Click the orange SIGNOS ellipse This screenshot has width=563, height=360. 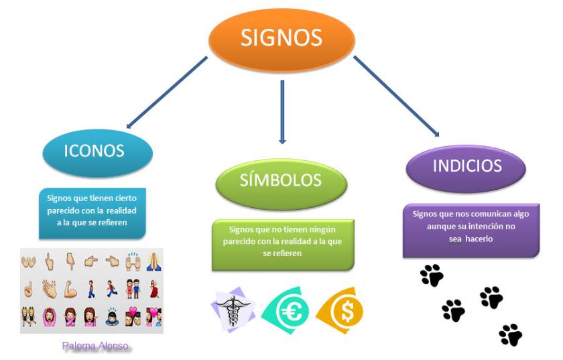pos(281,40)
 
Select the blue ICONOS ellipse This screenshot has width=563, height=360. pos(98,153)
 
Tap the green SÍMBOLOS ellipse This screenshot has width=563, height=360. pos(281,184)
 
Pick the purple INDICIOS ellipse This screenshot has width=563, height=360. pos(466,168)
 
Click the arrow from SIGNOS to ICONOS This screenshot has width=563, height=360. pos(167,93)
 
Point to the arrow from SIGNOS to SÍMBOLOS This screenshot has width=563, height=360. pos(282,112)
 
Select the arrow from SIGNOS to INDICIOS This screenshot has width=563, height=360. pos(396,96)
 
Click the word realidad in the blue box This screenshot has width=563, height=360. pos(121,211)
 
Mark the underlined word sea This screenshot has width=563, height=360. pos(455,239)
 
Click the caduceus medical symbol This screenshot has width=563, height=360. pos(233,310)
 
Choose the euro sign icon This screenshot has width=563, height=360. pos(286,310)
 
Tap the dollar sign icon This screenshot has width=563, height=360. pos(340,310)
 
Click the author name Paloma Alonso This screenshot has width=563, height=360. pos(95,346)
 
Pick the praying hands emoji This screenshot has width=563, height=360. pos(153,261)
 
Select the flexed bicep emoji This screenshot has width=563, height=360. pos(70,289)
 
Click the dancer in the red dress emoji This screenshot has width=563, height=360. pos(154,289)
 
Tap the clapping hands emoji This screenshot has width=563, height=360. pos(49,289)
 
